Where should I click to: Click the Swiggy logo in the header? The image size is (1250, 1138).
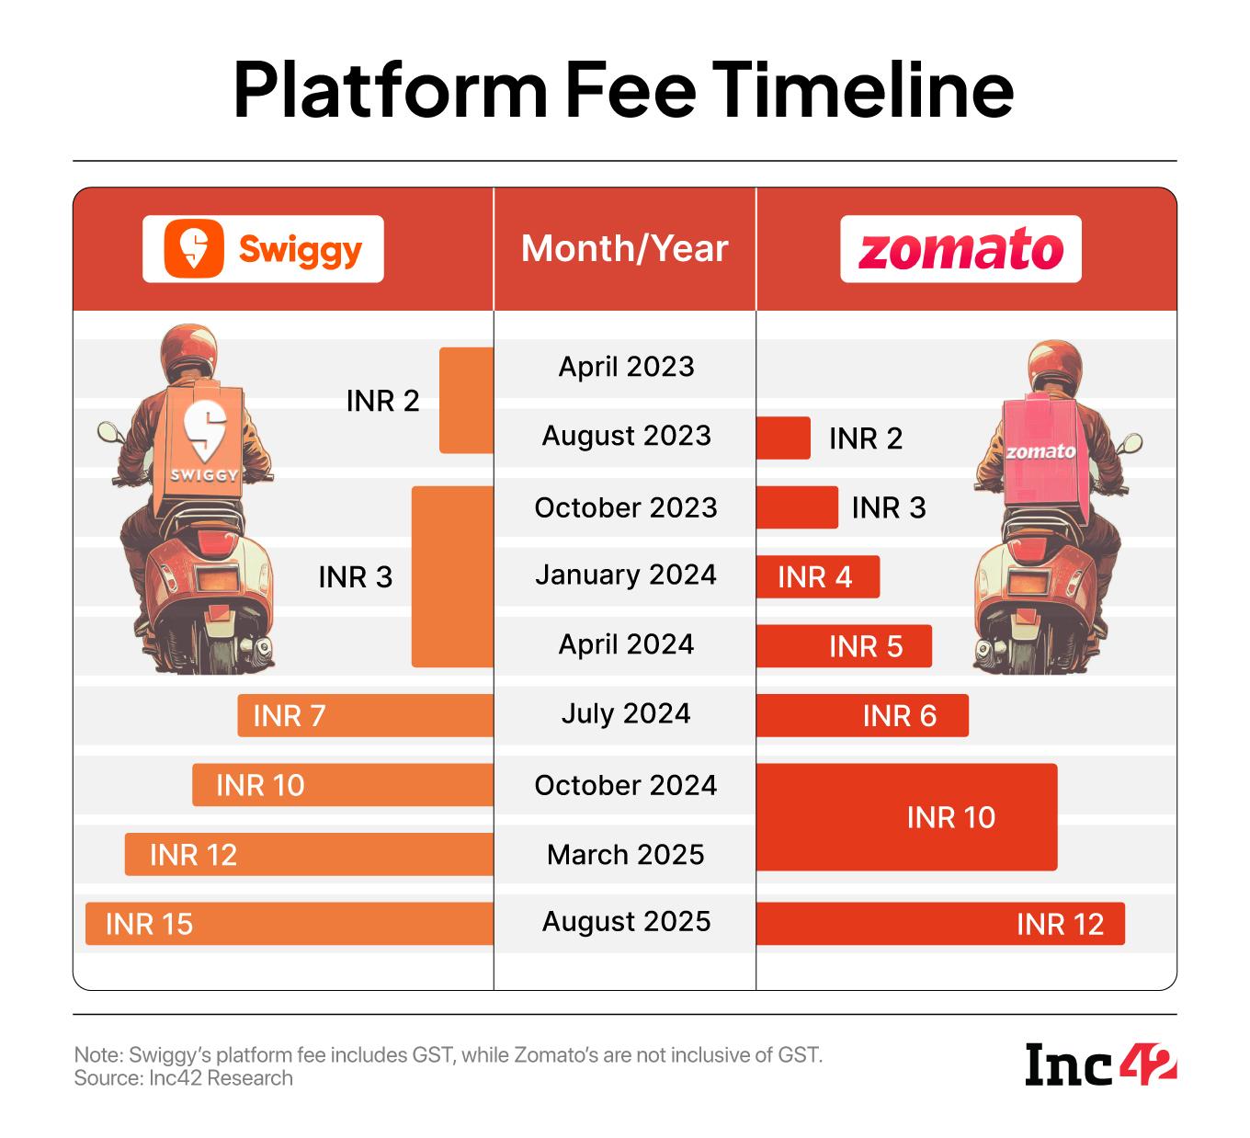(x=263, y=249)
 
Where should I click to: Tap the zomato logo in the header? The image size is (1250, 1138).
(x=960, y=249)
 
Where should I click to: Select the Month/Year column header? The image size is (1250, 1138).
(x=625, y=249)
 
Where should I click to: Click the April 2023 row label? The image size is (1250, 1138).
(x=626, y=367)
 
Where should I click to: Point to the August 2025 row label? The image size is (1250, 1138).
(x=626, y=922)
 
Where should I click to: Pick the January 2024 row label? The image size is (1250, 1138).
(x=626, y=575)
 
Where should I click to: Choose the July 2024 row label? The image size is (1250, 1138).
(x=626, y=714)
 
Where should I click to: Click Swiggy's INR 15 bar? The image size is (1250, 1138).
(x=289, y=924)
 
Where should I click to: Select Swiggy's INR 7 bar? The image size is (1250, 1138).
(x=365, y=715)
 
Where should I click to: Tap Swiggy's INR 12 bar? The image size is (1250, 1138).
(x=309, y=854)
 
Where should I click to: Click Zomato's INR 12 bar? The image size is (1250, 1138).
(x=939, y=924)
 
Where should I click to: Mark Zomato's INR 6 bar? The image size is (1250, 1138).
(x=861, y=715)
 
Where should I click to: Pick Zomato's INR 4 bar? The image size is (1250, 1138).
(x=817, y=577)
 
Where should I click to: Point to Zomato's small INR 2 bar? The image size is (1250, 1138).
(x=783, y=438)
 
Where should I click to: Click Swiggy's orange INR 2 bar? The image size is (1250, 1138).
(x=466, y=401)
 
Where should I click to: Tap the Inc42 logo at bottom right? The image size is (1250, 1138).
(x=1100, y=1064)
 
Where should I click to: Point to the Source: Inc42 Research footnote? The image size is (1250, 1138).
(x=184, y=1078)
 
